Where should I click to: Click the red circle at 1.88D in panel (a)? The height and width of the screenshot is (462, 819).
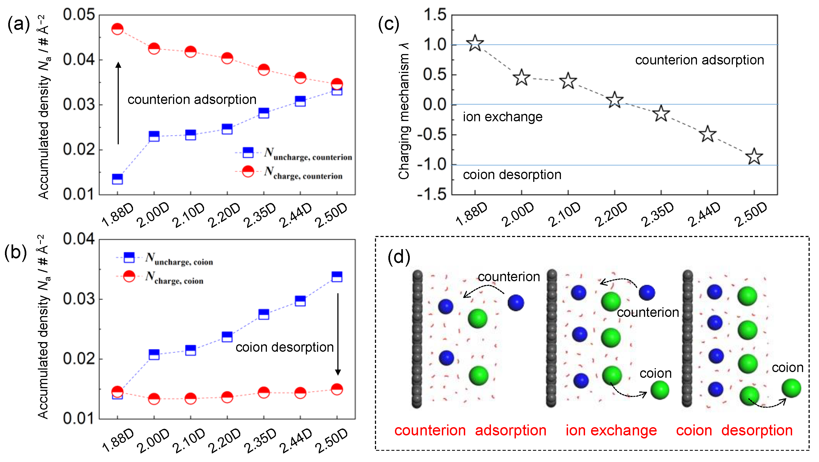[117, 29]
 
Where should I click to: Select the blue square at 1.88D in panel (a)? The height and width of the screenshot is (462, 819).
[117, 179]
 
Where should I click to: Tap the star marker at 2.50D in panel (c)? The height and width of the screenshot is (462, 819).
[754, 156]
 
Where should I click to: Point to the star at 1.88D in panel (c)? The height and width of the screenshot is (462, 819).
[475, 43]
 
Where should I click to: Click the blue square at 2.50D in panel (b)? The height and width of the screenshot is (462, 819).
[337, 277]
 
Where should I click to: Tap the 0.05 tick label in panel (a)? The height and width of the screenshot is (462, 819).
[78, 15]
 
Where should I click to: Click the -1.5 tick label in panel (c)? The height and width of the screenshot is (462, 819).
[432, 194]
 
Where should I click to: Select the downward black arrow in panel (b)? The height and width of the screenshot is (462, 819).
[338, 334]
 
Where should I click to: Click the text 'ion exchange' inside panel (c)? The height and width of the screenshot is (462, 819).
[502, 117]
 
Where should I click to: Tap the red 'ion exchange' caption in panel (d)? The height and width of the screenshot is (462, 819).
[611, 430]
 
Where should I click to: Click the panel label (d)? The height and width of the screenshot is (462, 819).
[399, 257]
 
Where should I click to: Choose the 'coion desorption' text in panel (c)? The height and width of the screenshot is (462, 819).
[512, 174]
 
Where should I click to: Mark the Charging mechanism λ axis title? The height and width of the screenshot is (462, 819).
[404, 111]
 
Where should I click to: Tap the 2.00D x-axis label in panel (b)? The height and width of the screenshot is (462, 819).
[153, 441]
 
